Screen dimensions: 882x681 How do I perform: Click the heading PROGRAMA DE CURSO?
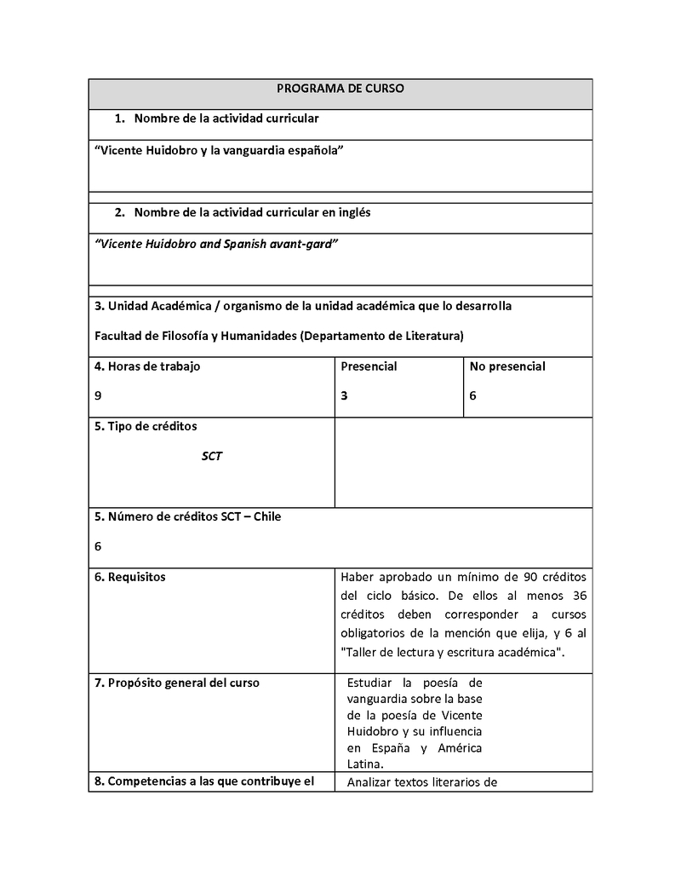pos(340,89)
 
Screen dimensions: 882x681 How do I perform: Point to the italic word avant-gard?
pos(305,244)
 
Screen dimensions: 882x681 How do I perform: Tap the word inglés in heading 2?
pos(353,212)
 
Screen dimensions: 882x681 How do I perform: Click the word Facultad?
pos(120,336)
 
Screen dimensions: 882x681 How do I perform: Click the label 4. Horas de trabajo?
pos(147,366)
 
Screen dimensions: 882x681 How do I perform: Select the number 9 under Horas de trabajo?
pos(98,395)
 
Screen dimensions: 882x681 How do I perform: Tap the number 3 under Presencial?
pos(344,395)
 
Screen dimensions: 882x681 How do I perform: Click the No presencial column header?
pos(507,366)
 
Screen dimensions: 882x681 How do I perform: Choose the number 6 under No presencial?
pos(472,395)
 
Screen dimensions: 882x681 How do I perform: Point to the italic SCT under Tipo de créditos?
pos(212,456)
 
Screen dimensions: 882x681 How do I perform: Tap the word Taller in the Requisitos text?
pos(363,652)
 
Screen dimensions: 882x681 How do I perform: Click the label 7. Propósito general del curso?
pos(177,683)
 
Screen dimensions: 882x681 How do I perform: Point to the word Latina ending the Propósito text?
pos(364,764)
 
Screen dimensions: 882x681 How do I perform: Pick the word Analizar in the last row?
pos(372,781)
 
